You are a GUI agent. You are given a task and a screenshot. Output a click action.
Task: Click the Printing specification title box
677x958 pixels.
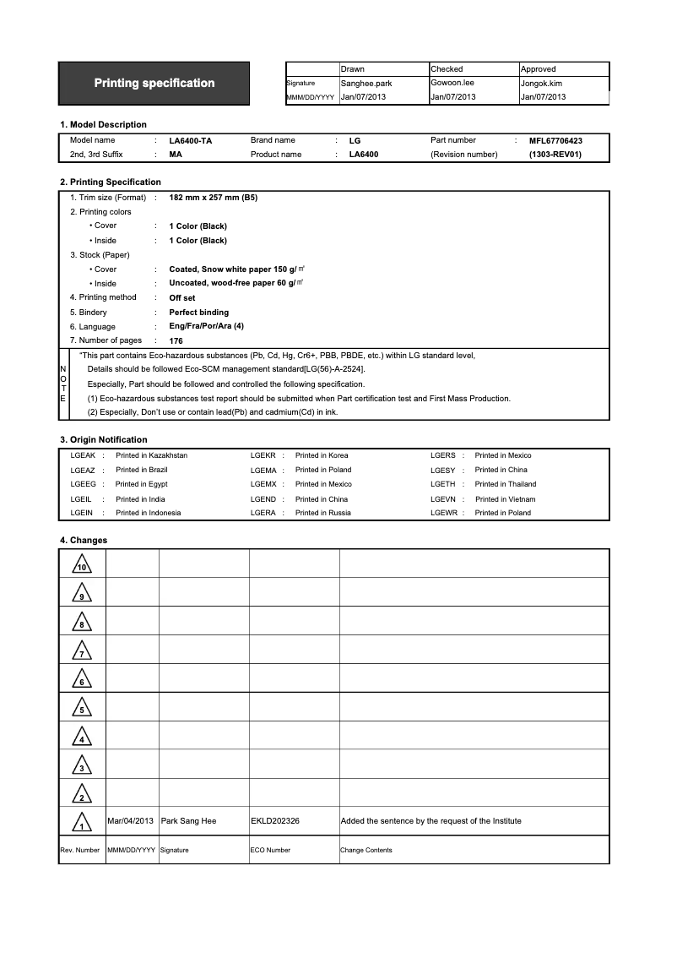point(154,83)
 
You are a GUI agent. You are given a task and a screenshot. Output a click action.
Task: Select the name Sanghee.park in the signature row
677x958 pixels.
point(366,84)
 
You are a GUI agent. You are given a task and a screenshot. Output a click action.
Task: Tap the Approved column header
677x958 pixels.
point(538,69)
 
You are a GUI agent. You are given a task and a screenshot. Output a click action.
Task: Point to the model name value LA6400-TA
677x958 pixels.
point(190,141)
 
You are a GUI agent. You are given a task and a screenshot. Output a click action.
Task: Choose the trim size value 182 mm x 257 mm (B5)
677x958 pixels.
point(213,198)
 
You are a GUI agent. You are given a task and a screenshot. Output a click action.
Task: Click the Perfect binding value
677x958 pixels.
point(198,313)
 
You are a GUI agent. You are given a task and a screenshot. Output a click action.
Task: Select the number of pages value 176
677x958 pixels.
point(176,341)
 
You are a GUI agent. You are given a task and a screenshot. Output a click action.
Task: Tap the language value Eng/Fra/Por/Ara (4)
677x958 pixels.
point(206,326)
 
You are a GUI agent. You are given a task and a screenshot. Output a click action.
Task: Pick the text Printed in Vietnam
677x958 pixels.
point(505,499)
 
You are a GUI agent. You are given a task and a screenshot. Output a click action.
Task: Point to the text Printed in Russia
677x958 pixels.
point(322,513)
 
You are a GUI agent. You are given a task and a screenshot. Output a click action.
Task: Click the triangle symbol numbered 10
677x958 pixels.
point(81,564)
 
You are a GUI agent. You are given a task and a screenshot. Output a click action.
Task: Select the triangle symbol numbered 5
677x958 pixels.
point(81,708)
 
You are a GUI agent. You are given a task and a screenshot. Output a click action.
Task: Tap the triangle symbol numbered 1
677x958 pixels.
point(81,822)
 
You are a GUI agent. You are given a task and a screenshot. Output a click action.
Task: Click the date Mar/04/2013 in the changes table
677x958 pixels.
point(131,821)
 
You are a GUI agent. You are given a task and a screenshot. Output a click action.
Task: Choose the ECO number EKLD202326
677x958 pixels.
point(275,821)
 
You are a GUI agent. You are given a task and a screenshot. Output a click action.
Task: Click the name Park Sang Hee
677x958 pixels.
point(188,821)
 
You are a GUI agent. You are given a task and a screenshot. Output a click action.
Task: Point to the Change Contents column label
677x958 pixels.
point(366,850)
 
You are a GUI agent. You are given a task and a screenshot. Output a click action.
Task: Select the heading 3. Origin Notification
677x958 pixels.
point(103,439)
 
